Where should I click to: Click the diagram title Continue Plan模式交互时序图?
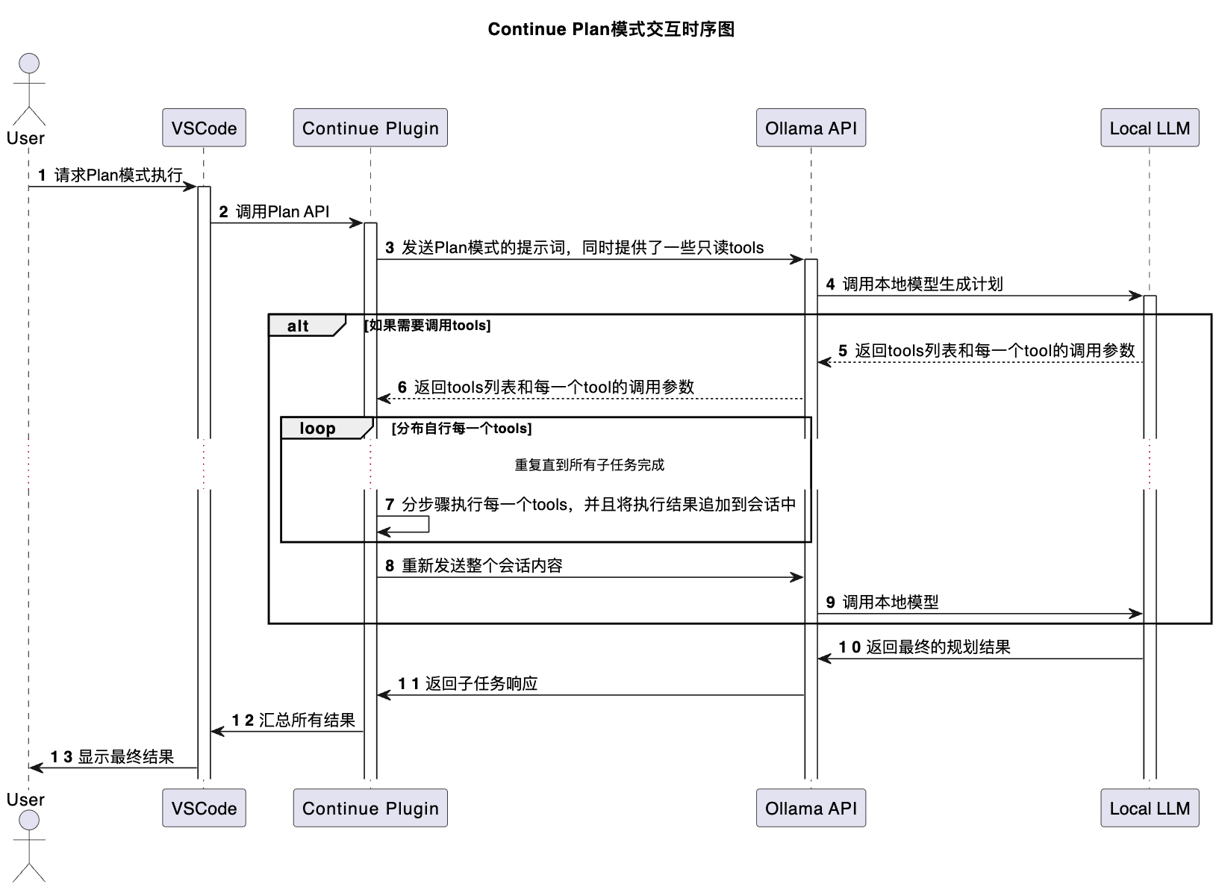[611, 29]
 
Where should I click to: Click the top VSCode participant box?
[204, 128]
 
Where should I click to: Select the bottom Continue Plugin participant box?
[370, 808]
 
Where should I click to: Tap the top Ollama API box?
[811, 128]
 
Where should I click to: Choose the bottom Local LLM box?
[1149, 808]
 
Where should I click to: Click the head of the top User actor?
[29, 63]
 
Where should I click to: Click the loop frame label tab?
[323, 429]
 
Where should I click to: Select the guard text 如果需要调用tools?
[427, 326]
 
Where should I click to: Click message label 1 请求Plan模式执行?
[110, 175]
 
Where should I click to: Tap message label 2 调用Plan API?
[275, 211]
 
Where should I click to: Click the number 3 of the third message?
[390, 248]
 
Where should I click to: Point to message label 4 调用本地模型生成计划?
[914, 284]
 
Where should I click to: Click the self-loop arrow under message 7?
[427, 524]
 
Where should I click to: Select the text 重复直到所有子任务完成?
[589, 464]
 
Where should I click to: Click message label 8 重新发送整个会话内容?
[474, 565]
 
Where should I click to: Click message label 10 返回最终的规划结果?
[924, 647]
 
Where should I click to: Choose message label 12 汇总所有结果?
[293, 720]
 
